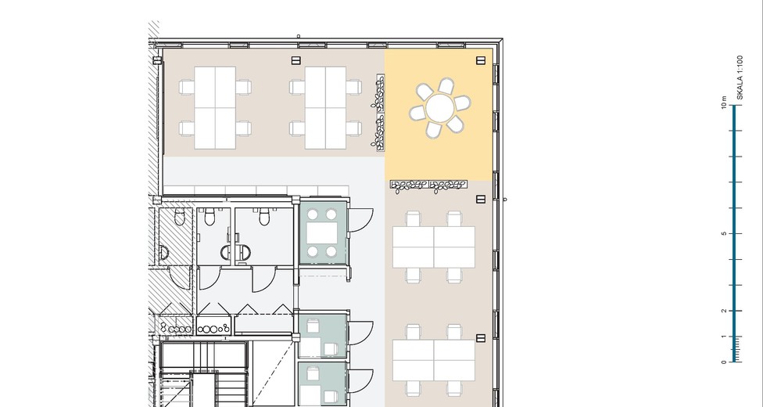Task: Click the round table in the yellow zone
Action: [x=440, y=108]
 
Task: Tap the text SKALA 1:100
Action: [x=740, y=77]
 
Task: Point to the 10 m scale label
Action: [x=724, y=103]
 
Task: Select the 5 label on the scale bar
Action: [x=724, y=233]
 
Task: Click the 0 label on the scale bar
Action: [x=724, y=362]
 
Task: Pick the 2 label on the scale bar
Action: [x=724, y=311]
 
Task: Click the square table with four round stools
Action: [x=321, y=233]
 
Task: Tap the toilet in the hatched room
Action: [x=180, y=216]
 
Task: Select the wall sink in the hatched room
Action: [x=164, y=253]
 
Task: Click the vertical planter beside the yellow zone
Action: [x=378, y=112]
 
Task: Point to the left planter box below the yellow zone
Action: [x=409, y=185]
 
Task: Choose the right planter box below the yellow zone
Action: [x=448, y=185]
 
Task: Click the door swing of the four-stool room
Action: [x=361, y=220]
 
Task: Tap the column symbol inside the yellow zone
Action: [x=481, y=60]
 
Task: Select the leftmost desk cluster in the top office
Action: [x=215, y=108]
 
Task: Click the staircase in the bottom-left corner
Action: [x=203, y=374]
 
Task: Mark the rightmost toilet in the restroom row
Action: [x=264, y=217]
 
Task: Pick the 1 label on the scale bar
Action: [x=724, y=337]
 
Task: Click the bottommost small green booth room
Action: [x=322, y=382]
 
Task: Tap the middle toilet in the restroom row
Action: [x=210, y=217]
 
